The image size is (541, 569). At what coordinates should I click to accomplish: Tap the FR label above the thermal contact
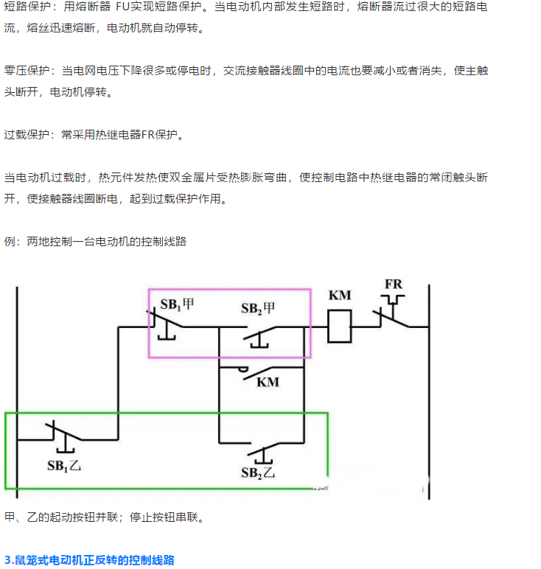tap(394, 284)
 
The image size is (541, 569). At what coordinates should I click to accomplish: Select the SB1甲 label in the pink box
tap(177, 304)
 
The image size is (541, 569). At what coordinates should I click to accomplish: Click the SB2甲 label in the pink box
tap(259, 307)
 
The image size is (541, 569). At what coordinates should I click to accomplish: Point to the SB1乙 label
tap(64, 465)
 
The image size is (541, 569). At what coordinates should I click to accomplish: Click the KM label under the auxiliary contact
tap(268, 382)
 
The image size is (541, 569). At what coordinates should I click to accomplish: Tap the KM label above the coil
tap(339, 296)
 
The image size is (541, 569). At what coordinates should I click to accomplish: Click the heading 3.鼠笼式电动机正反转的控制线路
tap(89, 560)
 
